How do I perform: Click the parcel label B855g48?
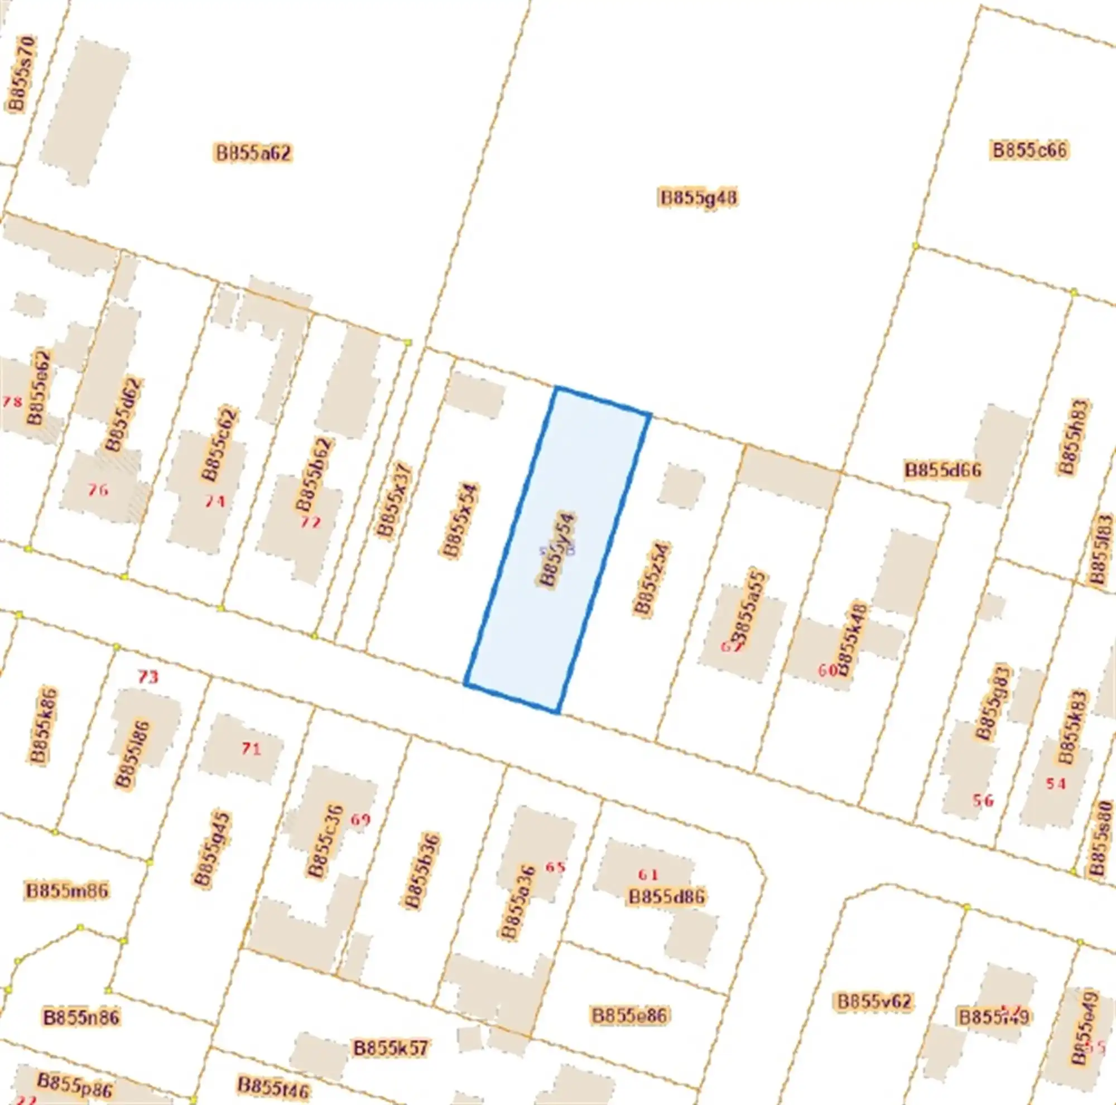(699, 198)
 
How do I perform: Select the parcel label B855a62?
(253, 153)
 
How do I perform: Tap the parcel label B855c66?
(1030, 150)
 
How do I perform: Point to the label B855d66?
(942, 470)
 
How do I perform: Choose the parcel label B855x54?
(460, 521)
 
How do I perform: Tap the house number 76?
(98, 490)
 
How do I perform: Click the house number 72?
(310, 523)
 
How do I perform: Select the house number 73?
(148, 676)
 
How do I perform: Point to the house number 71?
(251, 749)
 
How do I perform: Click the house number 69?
(360, 820)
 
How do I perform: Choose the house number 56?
(983, 800)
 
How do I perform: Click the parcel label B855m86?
(67, 891)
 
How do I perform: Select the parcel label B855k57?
(391, 1048)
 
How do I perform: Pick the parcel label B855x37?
(393, 500)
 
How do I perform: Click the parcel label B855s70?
(21, 73)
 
